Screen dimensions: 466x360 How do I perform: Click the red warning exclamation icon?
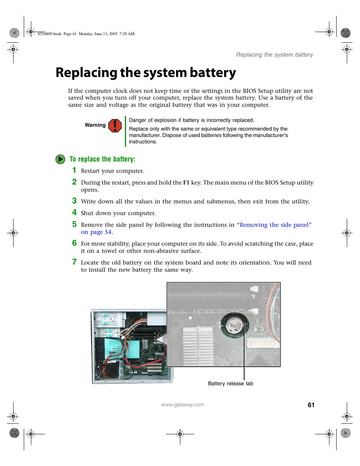[x=115, y=125]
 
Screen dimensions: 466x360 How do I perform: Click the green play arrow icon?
[x=60, y=159]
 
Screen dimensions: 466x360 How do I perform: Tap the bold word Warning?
[x=95, y=125]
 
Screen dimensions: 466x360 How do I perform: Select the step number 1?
[x=74, y=170]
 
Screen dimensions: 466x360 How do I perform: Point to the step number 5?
[x=74, y=224]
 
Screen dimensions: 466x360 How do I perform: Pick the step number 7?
[x=74, y=262]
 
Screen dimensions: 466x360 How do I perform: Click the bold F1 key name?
[x=186, y=183]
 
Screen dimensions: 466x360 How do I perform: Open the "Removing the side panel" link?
[x=274, y=225]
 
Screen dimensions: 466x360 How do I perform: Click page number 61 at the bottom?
[x=311, y=405]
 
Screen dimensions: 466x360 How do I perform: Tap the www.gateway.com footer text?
[x=182, y=405]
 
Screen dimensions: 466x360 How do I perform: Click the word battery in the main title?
[x=213, y=73]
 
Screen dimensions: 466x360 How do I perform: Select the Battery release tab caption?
[x=231, y=383]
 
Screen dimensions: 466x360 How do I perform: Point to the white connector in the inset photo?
[x=263, y=343]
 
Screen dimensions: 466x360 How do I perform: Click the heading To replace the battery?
[x=102, y=159]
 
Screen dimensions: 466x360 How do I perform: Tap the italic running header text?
[x=274, y=55]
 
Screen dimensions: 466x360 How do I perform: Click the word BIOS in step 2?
[x=272, y=183]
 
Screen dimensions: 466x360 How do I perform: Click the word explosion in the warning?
[x=164, y=120]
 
